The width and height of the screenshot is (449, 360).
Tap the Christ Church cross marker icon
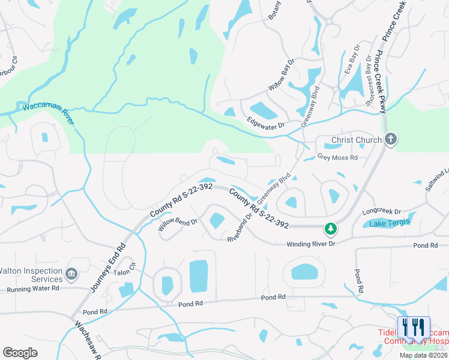coord(390,140)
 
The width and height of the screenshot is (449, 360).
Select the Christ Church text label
coord(357,140)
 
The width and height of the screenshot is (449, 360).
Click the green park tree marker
coord(330,227)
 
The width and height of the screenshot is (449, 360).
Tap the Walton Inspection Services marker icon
coord(71,274)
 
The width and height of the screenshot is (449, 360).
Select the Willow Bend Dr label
coord(178,225)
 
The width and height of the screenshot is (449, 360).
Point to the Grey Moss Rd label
coord(337,158)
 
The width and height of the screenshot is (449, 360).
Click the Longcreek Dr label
coord(382,212)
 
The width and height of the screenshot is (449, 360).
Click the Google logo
coord(20,353)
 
